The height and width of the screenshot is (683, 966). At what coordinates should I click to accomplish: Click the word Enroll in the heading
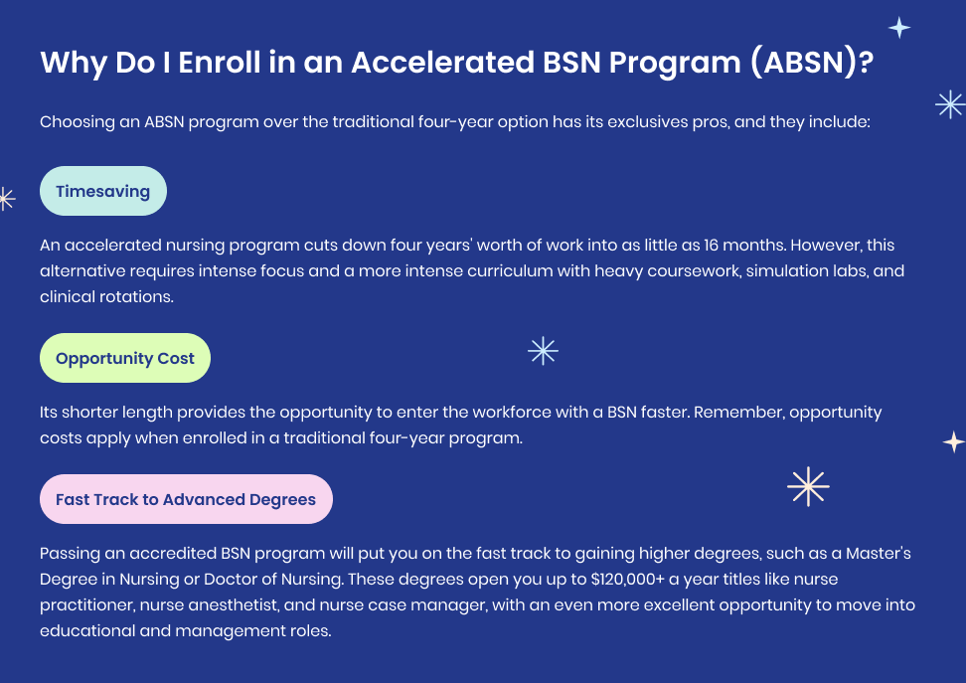point(219,63)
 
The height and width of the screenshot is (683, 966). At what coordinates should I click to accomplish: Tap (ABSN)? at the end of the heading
point(813,63)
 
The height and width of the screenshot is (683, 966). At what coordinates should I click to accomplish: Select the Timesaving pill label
point(103,191)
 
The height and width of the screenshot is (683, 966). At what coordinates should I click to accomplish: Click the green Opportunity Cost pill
point(125,358)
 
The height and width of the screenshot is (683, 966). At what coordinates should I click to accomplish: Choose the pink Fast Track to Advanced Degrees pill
point(186,499)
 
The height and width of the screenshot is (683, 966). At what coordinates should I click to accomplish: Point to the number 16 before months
point(711,246)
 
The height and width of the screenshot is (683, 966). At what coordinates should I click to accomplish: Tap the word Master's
point(878,554)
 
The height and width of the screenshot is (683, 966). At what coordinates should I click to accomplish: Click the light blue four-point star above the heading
point(899,28)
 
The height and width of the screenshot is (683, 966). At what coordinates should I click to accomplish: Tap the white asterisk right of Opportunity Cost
point(543,351)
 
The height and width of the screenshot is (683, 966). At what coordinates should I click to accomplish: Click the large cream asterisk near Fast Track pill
point(808,486)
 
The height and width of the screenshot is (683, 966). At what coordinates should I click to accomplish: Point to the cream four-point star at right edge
point(954,442)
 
